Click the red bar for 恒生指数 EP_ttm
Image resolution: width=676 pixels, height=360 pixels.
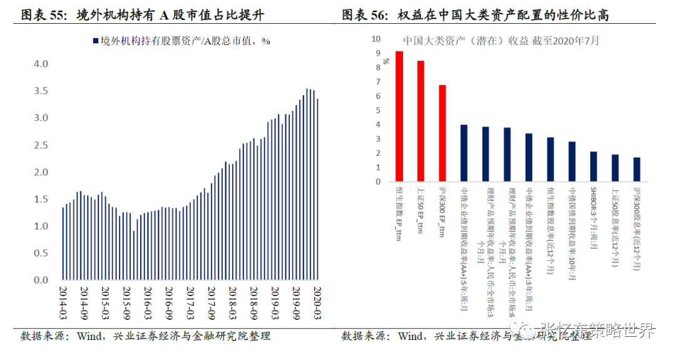pos(399,116)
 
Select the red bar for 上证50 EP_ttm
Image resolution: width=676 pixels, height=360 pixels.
pos(421,121)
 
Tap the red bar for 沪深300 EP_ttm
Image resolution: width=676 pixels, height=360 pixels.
pos(443,133)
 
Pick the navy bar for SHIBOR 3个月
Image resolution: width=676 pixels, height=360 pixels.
pos(593,167)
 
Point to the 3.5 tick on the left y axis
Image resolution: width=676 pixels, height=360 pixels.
pos(41,91)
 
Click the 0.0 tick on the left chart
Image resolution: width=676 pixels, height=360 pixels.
pos(41,280)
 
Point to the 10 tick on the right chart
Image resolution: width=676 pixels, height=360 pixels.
pos(376,39)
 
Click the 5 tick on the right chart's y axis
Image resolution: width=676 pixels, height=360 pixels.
pos(378,110)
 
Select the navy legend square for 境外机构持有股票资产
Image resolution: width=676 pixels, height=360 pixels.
pos(95,41)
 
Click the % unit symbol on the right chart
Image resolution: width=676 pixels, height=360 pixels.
pos(386,61)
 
